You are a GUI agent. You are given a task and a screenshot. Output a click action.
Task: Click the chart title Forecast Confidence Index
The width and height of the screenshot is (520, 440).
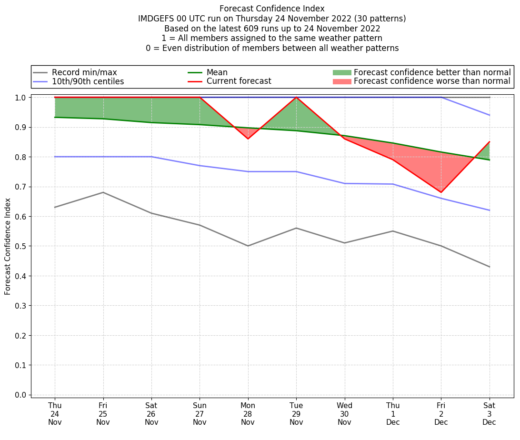(272, 9)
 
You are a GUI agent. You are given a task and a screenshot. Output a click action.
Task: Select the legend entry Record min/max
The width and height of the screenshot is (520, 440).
(84, 72)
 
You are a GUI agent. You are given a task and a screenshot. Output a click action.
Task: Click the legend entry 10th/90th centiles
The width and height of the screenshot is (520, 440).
(88, 81)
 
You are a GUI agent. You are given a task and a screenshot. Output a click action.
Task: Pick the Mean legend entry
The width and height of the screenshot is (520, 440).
(217, 72)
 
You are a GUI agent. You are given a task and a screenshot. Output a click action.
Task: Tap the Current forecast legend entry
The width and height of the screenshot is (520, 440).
(239, 81)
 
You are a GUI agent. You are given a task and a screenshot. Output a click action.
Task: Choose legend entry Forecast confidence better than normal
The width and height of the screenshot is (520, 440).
(432, 72)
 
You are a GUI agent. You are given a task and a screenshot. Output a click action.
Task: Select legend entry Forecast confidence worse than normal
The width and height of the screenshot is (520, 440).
(432, 81)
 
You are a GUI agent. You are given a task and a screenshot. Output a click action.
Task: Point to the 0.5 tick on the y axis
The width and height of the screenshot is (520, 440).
(21, 246)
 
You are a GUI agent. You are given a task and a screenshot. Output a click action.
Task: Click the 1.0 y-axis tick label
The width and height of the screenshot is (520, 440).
(21, 98)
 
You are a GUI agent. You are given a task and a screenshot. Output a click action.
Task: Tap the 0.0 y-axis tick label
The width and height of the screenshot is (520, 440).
(21, 395)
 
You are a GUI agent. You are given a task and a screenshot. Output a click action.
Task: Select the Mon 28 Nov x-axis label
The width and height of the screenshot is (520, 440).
(248, 414)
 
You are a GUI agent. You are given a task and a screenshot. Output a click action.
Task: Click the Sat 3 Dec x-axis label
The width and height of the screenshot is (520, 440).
(489, 414)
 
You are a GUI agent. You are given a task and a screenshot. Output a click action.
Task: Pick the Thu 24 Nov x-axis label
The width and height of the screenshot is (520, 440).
(55, 414)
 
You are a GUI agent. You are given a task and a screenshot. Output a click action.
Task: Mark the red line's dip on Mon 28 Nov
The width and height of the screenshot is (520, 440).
(248, 139)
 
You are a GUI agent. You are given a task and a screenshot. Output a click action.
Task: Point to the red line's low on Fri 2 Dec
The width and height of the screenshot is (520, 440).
(441, 192)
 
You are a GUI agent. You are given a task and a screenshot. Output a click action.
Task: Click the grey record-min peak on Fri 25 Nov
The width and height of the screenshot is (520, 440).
(103, 192)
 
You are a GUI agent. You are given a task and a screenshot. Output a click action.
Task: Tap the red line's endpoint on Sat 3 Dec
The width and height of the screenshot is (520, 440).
(490, 142)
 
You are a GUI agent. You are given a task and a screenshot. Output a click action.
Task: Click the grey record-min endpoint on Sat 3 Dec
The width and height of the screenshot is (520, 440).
(490, 267)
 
